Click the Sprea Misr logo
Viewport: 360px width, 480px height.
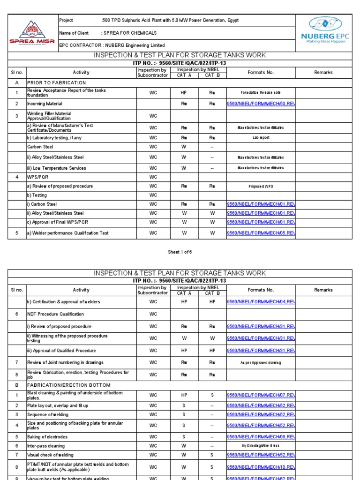[x=32, y=32]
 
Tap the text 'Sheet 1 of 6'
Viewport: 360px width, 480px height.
[x=180, y=252]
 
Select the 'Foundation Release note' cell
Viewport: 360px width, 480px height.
[x=261, y=93]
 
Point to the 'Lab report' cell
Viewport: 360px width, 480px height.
[x=261, y=138]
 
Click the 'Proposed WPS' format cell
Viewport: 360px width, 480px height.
[x=261, y=187]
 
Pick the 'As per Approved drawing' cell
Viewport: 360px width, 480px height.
[x=261, y=363]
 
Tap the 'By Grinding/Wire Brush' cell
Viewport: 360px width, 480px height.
[x=261, y=446]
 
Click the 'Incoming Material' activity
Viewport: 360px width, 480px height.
[x=45, y=104]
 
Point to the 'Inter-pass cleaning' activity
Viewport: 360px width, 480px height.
[x=46, y=446]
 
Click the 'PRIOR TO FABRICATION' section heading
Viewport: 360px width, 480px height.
[x=56, y=82]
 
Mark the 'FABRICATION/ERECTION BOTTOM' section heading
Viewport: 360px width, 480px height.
[x=69, y=385]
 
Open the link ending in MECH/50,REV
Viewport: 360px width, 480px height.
[x=261, y=104]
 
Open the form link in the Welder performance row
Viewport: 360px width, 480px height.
[x=261, y=233]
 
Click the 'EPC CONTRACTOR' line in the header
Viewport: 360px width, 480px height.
[x=112, y=45]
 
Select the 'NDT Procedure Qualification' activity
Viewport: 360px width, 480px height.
[x=56, y=314]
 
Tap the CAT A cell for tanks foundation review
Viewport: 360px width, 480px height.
[x=184, y=93]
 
